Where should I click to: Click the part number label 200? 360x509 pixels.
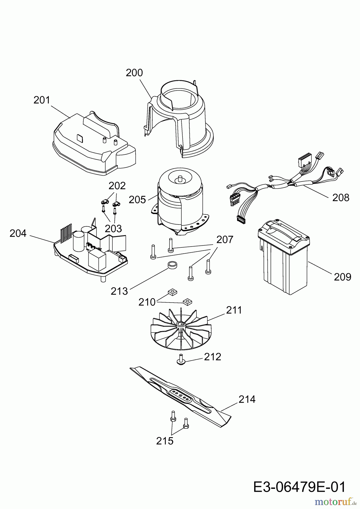pos(134,73)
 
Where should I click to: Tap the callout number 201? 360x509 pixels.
pos(42,100)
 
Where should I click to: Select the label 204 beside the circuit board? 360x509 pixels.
pos(18,234)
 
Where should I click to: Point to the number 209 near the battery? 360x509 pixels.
pos(342,277)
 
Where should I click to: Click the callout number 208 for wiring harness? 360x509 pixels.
pos(341,198)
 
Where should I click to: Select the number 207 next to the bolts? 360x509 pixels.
pos(225,240)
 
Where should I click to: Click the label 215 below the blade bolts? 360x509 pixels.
pos(165,441)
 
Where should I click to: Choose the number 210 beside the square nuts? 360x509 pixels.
pos(147,302)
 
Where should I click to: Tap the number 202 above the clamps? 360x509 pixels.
pos(117,186)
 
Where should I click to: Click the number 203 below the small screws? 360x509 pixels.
pos(113,228)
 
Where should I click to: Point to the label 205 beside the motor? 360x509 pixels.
pos(137,200)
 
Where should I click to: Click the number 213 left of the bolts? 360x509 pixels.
pos(119,291)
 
